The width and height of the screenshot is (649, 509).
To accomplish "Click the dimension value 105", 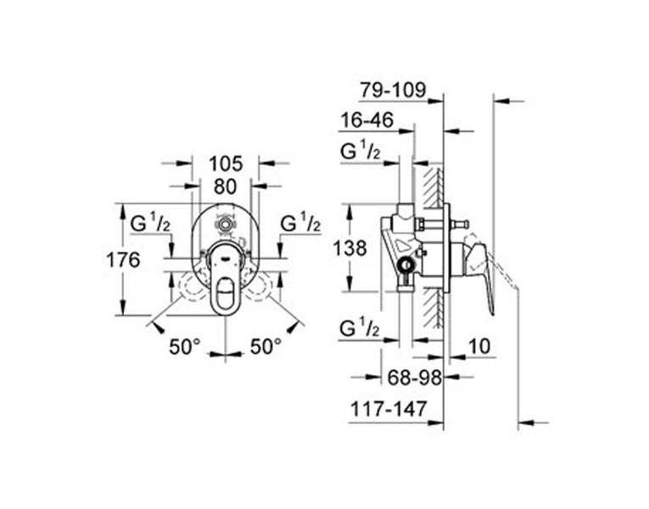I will tap(225, 162).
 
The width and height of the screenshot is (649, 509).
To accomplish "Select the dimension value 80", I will tap(225, 186).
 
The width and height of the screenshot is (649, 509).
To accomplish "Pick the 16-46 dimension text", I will tap(366, 121).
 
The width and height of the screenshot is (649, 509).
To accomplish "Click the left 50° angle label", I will tap(184, 346).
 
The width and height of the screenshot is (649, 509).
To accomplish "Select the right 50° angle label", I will tap(266, 346).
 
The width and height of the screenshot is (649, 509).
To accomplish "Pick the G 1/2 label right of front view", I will tap(301, 224).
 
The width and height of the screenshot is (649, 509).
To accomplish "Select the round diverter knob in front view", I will tap(226, 227).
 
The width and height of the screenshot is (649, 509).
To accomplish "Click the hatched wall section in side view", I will tap(435, 246).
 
